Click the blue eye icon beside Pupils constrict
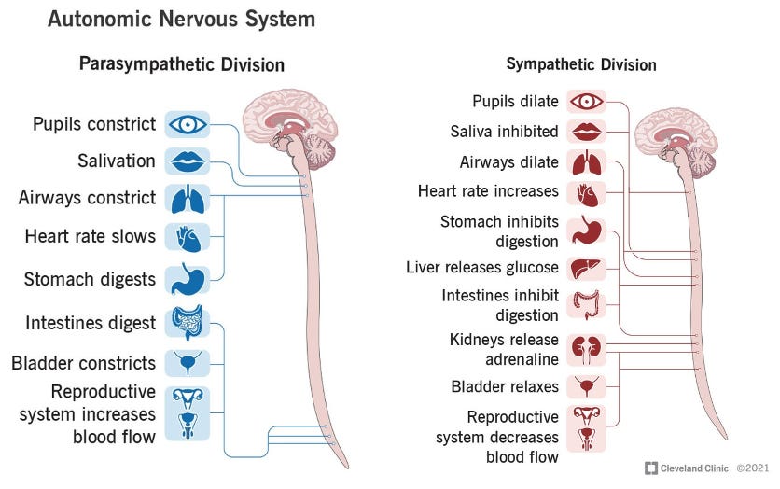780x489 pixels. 188,124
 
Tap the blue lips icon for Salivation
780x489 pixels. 188,161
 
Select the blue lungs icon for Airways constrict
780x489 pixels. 188,198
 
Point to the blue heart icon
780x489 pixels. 188,237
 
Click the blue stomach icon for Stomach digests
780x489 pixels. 188,279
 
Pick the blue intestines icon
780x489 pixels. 188,323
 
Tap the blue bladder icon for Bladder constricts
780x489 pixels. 188,363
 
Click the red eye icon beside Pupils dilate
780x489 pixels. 586,101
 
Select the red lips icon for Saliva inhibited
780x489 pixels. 586,131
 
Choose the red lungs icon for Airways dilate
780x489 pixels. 586,162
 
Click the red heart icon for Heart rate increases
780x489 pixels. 586,193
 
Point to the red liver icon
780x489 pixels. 586,267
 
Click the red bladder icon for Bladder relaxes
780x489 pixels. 586,385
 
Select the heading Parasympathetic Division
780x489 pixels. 182,64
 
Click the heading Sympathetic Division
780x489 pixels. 581,64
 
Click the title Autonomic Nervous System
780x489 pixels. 181,19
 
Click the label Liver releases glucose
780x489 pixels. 482,268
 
